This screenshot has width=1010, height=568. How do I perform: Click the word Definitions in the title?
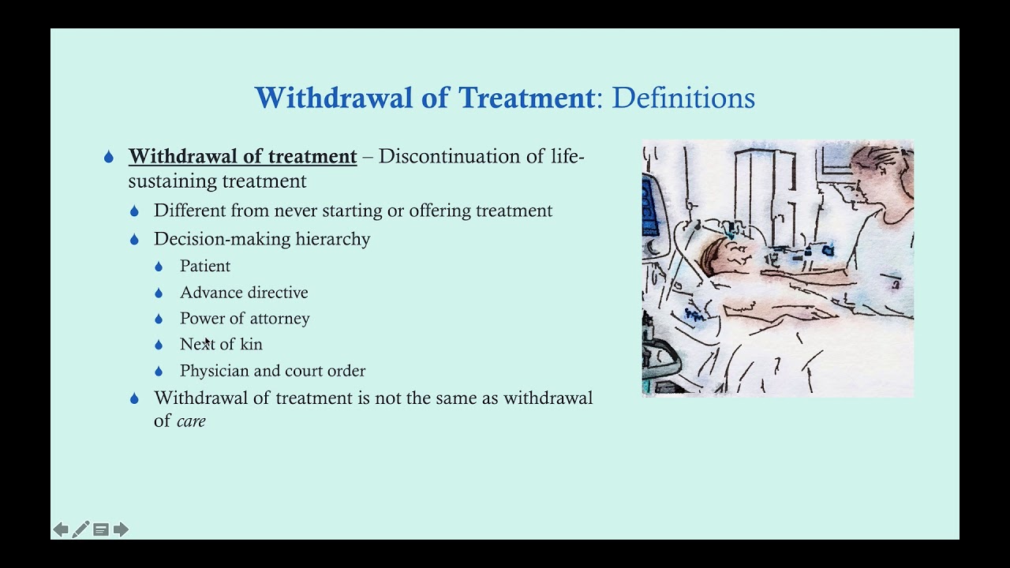[x=683, y=98]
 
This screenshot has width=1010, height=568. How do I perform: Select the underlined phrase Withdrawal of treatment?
[x=242, y=156]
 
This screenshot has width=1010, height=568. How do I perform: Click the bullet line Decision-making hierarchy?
[x=261, y=239]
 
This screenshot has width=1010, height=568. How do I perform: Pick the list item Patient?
[x=205, y=267]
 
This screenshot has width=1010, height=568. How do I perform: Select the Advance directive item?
[x=244, y=293]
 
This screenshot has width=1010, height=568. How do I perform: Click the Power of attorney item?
[x=245, y=319]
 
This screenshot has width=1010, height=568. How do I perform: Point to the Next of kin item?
[x=221, y=345]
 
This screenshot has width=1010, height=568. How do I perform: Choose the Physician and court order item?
[x=272, y=371]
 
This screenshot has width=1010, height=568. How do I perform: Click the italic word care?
[x=191, y=421]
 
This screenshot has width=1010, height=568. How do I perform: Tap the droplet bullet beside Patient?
[x=159, y=267]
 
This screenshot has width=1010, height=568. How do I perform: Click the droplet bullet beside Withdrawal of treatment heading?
[x=109, y=157]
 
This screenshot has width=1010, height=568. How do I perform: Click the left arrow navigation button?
[x=61, y=529]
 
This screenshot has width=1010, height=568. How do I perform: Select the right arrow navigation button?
[x=121, y=529]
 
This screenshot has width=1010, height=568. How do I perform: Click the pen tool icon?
[x=80, y=529]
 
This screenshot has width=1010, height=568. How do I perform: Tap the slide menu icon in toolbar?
[x=101, y=529]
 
